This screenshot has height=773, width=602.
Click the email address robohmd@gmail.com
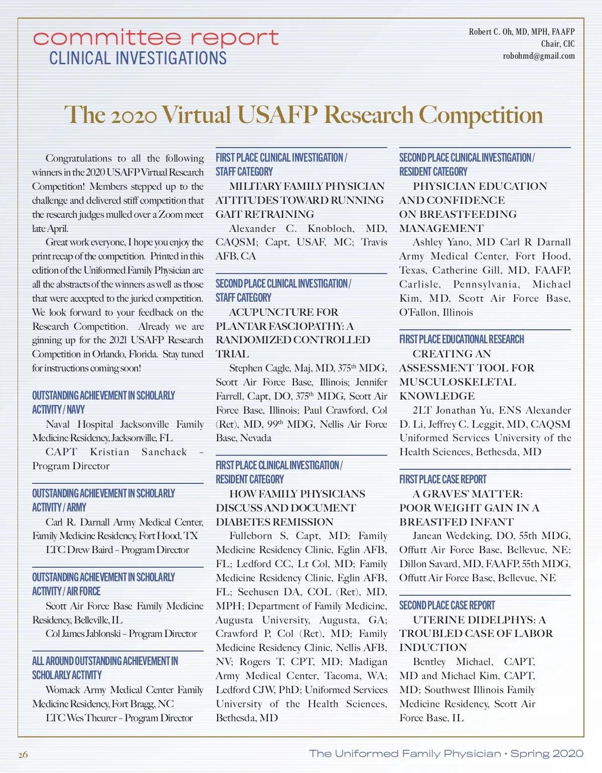(x=539, y=56)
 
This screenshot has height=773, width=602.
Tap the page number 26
(x=23, y=755)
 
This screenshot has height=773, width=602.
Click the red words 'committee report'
(x=156, y=38)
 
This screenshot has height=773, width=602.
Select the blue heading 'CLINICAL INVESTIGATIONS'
(x=138, y=58)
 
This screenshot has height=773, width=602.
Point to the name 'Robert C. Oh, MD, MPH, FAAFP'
(x=522, y=32)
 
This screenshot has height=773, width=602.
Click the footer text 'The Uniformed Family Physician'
(x=405, y=753)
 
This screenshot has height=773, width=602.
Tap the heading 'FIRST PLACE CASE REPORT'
(x=442, y=479)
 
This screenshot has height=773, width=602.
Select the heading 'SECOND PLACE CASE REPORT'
(x=447, y=605)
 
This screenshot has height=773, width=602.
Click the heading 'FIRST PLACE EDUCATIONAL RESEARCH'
(x=462, y=339)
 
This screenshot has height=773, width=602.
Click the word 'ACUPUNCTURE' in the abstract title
(x=268, y=312)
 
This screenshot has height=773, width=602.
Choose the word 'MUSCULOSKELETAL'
(x=458, y=382)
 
